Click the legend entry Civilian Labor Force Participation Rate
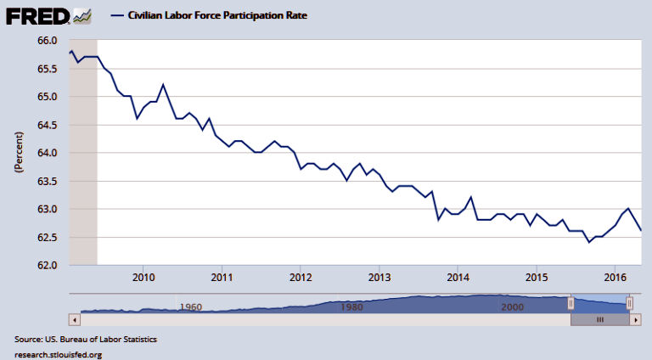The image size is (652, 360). pos(216,15)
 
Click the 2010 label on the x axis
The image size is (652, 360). pos(143,278)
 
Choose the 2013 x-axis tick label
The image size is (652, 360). pos(379,278)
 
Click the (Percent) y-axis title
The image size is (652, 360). pos(18,153)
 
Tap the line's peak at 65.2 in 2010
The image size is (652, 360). pos(163,85)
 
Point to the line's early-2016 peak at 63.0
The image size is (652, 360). pos(628,208)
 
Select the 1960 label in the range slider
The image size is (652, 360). pos(190,307)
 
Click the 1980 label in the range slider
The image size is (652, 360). pos(351,307)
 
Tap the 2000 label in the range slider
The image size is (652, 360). pos(513,307)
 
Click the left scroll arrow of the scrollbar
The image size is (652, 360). pos(74,319)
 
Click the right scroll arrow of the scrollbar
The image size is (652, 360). pos(633,319)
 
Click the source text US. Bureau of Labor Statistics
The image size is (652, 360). pos(85,340)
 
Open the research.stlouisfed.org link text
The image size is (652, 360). pos(58,353)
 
